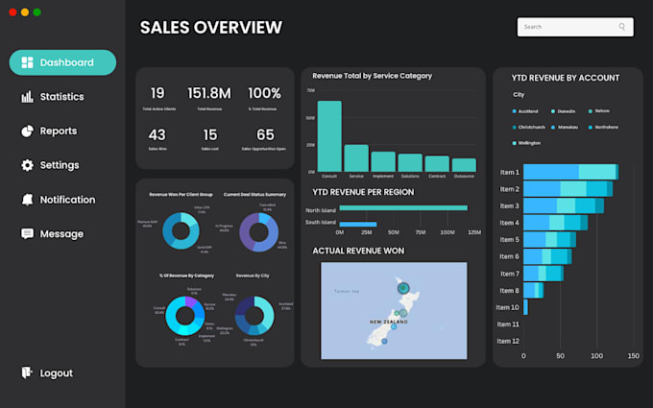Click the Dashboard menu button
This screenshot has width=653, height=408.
[x=62, y=62]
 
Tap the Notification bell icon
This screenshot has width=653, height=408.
[x=27, y=200]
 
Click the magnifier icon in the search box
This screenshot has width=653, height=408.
[x=622, y=27]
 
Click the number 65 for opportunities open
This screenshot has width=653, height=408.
[x=265, y=135]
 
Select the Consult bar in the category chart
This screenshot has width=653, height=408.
[x=329, y=135]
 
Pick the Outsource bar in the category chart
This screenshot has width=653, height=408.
[x=464, y=165]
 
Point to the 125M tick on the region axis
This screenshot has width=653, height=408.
[x=473, y=232]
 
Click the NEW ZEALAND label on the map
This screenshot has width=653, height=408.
[x=389, y=322]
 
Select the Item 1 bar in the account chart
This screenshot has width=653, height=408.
[x=570, y=172]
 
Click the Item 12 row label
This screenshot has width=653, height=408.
[x=508, y=341]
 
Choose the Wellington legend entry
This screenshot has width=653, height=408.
[x=528, y=143]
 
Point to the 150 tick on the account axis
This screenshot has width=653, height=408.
[x=632, y=356]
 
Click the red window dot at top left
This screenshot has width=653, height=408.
[x=12, y=12]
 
